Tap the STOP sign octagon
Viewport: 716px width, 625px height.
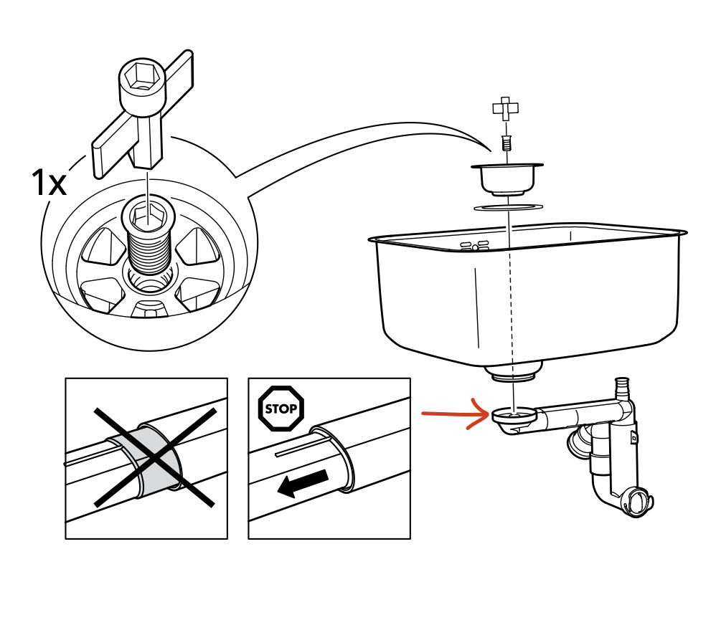[x=281, y=409]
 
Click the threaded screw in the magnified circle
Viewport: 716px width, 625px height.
[x=149, y=240]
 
